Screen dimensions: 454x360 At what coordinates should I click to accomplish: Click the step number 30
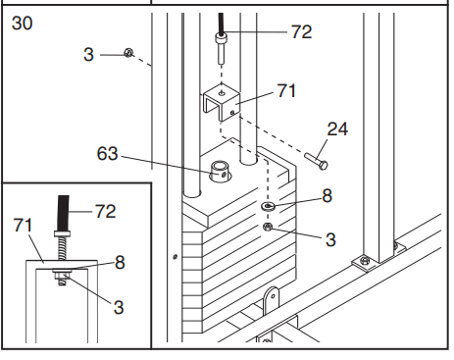click(x=23, y=24)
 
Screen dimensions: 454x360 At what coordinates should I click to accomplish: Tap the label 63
click(x=107, y=153)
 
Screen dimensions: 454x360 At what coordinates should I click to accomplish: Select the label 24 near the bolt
click(x=337, y=129)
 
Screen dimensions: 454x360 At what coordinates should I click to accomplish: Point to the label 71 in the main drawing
click(x=286, y=90)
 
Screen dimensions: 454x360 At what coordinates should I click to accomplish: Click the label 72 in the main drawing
click(x=301, y=32)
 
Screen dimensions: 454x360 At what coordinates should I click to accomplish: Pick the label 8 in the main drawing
click(x=327, y=196)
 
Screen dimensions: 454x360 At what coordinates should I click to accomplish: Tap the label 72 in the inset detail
click(x=105, y=212)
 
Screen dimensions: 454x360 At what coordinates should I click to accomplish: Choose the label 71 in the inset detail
click(x=23, y=226)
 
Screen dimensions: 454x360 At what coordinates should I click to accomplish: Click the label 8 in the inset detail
click(x=120, y=262)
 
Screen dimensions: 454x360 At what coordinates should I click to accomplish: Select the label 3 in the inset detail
click(x=119, y=308)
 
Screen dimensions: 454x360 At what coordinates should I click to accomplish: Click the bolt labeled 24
click(x=316, y=161)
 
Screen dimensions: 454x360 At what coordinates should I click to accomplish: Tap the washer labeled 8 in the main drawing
click(x=268, y=206)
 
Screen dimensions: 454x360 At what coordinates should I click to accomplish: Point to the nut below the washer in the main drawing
click(x=268, y=227)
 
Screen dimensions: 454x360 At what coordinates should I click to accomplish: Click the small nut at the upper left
click(x=128, y=53)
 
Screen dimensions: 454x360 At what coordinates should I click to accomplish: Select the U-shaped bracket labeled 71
click(x=222, y=102)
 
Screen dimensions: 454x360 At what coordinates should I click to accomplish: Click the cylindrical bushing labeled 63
click(x=221, y=172)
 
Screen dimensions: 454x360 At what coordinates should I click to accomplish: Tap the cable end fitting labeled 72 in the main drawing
click(x=221, y=48)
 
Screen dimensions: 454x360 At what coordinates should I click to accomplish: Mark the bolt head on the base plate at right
click(x=365, y=261)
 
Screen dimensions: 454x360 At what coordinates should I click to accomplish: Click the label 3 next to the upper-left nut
click(x=88, y=55)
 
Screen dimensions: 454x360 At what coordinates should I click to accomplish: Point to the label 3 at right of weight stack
click(x=330, y=239)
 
